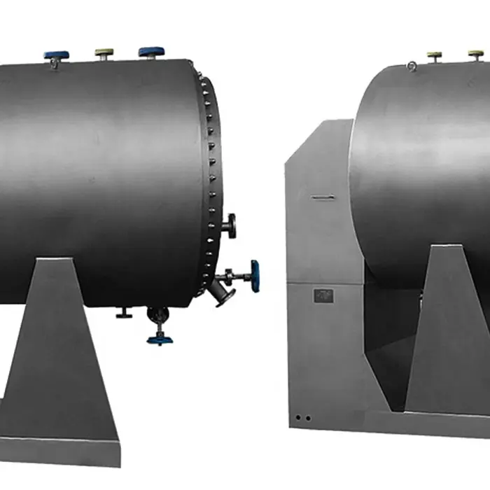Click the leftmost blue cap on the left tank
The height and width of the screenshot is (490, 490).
point(56,55)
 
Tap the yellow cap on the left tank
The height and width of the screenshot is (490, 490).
point(104,52)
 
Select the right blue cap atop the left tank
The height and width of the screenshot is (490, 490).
point(151,51)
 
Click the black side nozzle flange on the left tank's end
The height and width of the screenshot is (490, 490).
point(230,226)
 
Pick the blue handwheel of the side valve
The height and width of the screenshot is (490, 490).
point(255,276)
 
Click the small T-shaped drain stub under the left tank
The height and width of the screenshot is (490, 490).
point(124,314)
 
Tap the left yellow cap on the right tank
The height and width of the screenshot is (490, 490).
point(435,54)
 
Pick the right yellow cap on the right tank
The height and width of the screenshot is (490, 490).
point(476,52)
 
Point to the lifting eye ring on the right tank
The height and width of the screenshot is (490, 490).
point(412,66)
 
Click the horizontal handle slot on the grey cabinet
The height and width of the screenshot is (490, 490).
point(321,198)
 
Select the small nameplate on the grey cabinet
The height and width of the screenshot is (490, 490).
point(323,296)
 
